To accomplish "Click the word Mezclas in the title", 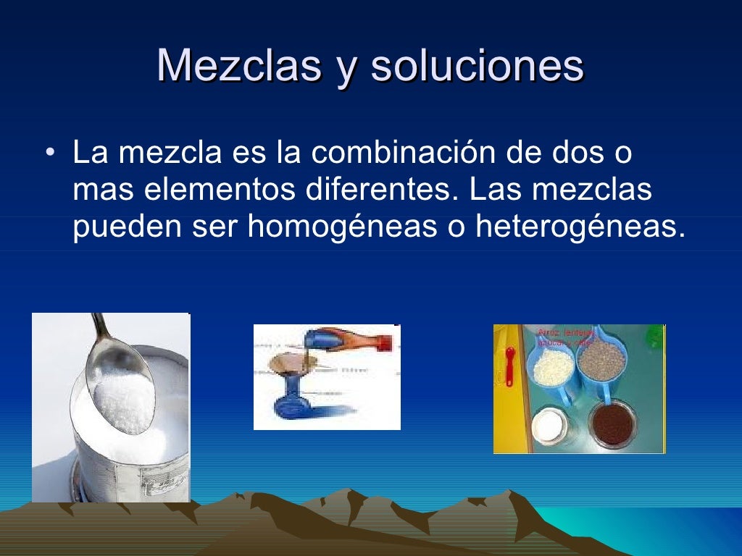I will pyautogui.click(x=238, y=67).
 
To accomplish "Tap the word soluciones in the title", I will pyautogui.click(x=477, y=67).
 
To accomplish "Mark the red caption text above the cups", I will pyautogui.click(x=566, y=337).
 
